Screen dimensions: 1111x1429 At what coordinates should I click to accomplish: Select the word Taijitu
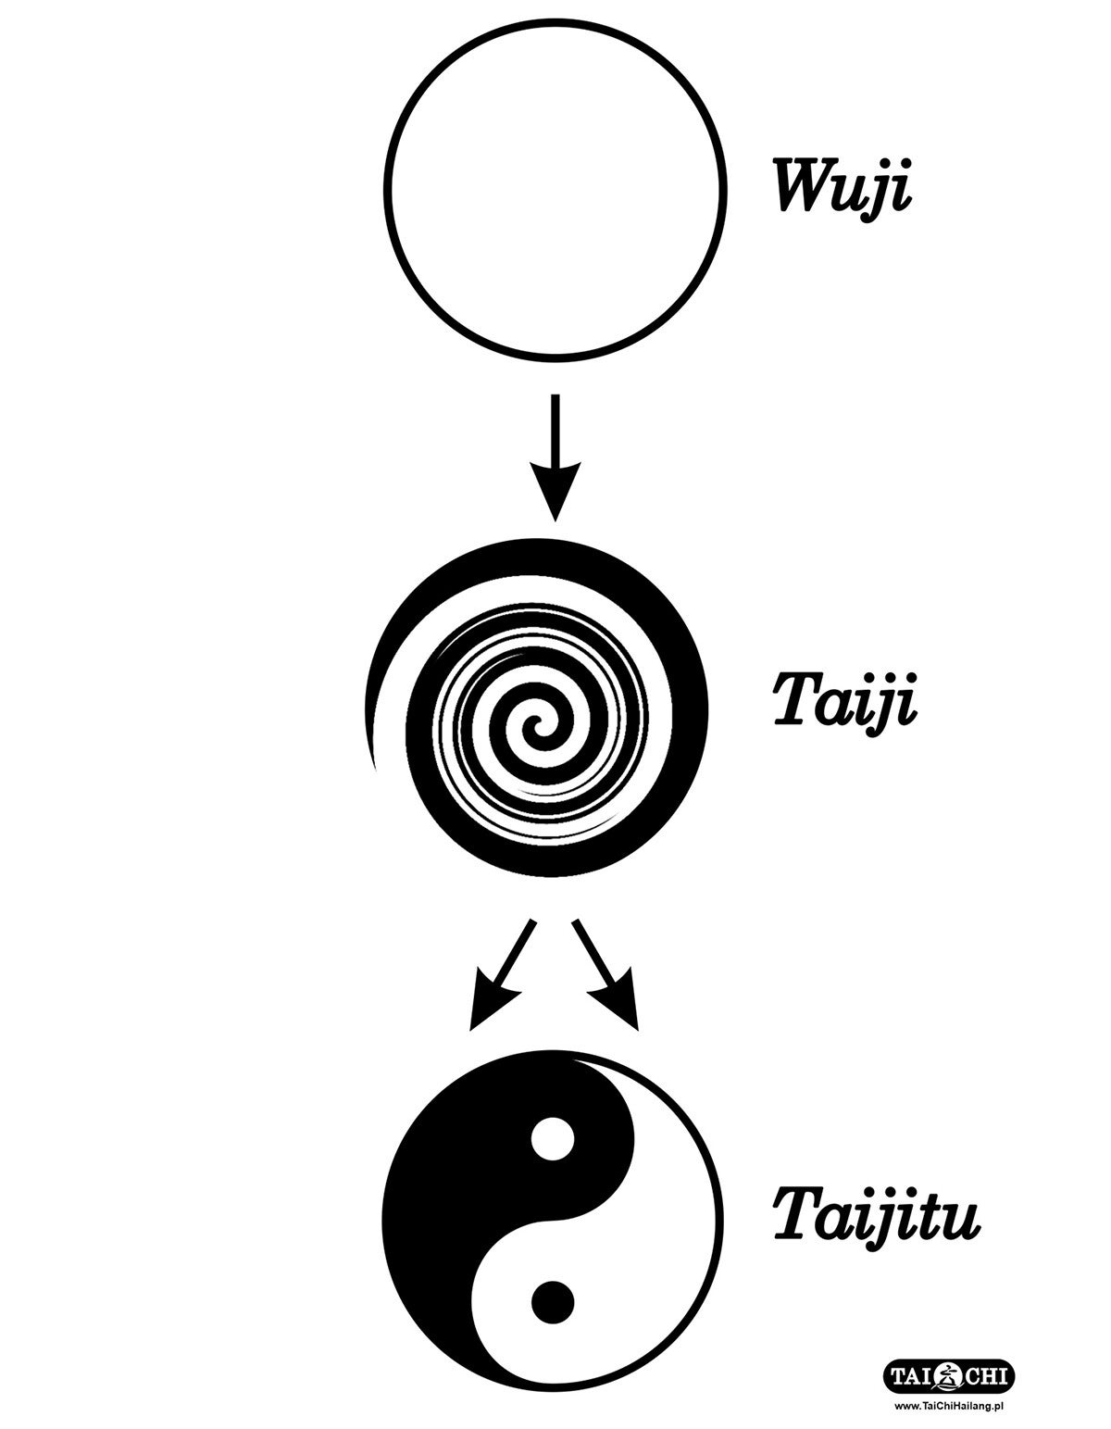(x=875, y=1216)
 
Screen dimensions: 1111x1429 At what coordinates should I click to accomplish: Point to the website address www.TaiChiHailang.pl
(x=950, y=1405)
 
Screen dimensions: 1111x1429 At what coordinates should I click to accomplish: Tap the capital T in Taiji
(x=793, y=701)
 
